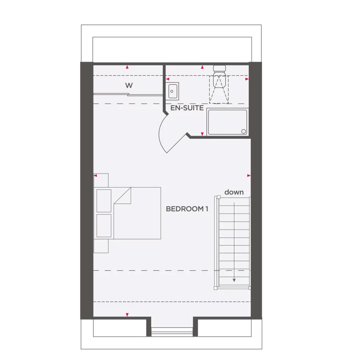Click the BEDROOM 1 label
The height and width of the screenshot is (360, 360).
(187, 209)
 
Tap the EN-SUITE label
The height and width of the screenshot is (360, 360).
(187, 108)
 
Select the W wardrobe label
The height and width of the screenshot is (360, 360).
(129, 85)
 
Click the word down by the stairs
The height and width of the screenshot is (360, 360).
(234, 192)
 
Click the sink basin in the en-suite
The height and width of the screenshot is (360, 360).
(173, 91)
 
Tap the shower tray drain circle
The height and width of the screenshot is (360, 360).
(243, 131)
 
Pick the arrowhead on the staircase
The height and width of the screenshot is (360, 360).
(234, 280)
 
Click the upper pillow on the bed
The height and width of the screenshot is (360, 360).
(104, 200)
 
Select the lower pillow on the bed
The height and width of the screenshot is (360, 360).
(104, 226)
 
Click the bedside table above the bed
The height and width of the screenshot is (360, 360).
(101, 180)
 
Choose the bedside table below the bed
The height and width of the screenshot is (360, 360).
(101, 246)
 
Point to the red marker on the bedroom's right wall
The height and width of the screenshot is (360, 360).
(249, 176)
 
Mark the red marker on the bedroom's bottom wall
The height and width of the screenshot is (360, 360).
(127, 315)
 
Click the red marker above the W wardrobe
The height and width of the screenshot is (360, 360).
(127, 67)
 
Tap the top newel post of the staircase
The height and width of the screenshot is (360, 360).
(218, 196)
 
